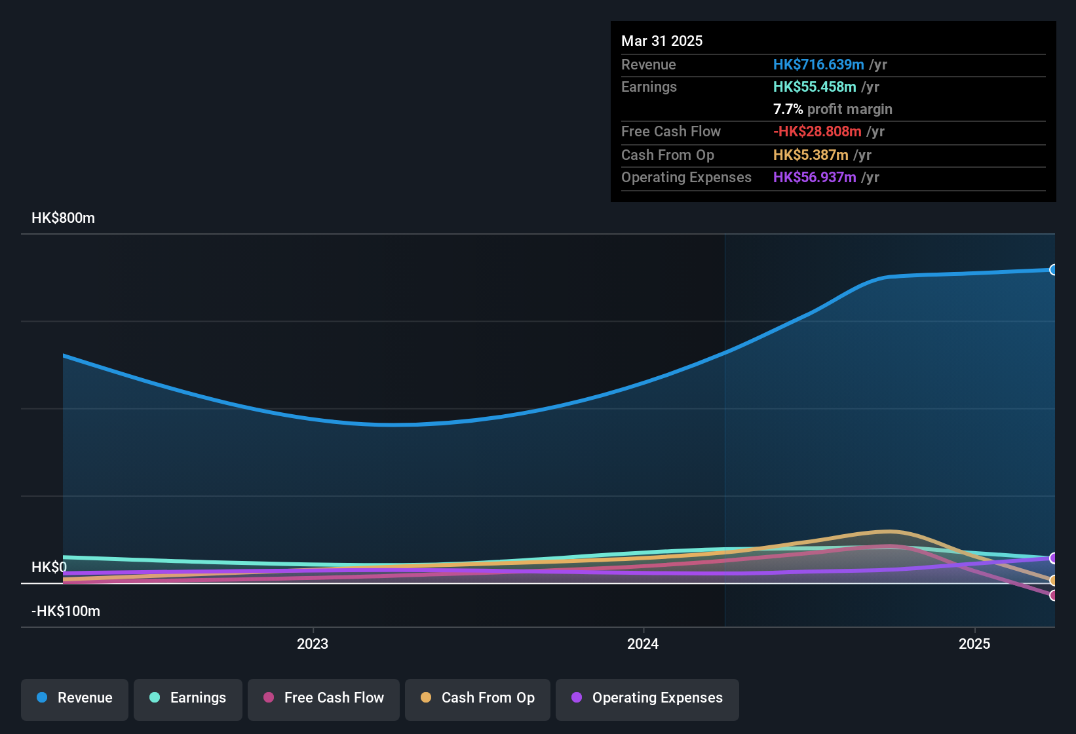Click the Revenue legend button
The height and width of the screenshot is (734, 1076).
point(75,698)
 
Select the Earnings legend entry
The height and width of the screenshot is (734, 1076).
point(188,698)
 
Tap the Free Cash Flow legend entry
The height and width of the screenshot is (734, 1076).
point(324,698)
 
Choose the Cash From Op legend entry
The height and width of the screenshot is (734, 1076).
point(478,698)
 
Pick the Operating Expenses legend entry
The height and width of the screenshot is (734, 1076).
point(647,698)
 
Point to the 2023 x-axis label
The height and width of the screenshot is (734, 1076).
point(313,644)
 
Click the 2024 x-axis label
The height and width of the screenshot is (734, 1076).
point(643,644)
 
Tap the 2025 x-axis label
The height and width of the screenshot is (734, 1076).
point(974,644)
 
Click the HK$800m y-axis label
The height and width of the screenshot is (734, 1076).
point(63,218)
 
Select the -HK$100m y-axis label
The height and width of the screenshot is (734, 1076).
point(66,611)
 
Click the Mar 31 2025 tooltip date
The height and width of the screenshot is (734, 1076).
point(662,41)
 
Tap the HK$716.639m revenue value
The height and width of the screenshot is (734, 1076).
point(818,64)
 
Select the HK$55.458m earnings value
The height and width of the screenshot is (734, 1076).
point(815,87)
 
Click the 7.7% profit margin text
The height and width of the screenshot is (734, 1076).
point(832,109)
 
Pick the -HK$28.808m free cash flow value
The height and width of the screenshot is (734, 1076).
point(817,131)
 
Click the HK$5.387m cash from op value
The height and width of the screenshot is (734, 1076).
point(811,155)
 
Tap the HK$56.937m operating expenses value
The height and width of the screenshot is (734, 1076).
point(815,177)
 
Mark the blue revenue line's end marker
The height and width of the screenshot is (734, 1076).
point(1053,270)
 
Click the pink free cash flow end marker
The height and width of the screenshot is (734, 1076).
point(1053,595)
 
